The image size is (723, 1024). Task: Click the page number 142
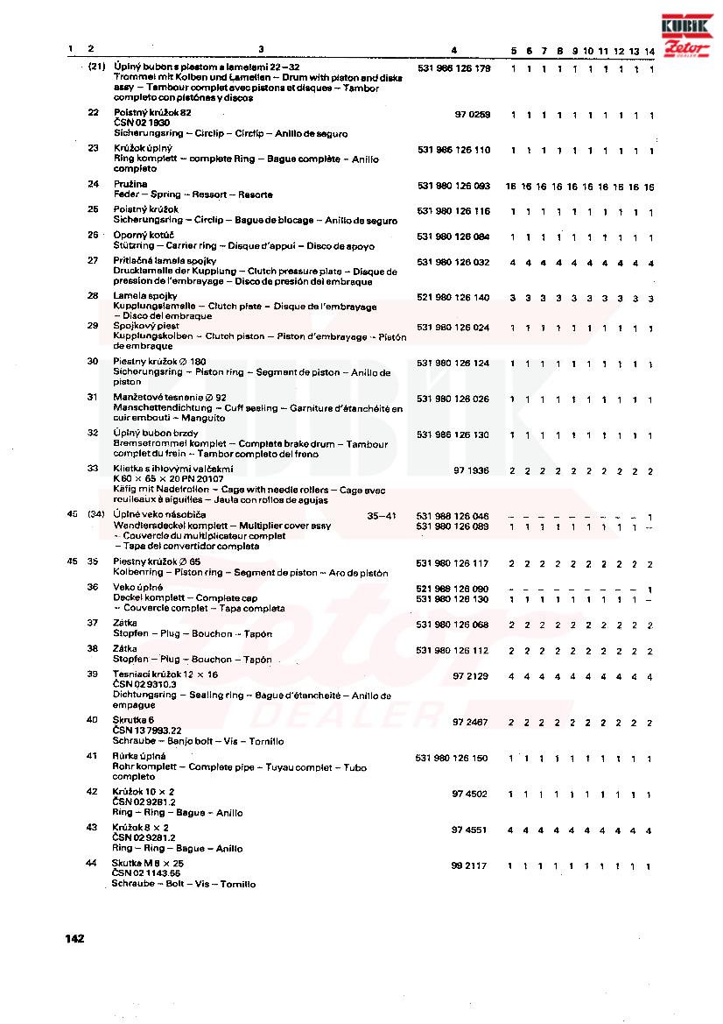(x=74, y=939)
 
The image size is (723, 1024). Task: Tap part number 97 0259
(x=472, y=115)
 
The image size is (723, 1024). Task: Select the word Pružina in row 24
(x=130, y=185)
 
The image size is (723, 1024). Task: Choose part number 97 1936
(x=471, y=470)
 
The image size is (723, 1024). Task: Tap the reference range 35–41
(x=382, y=516)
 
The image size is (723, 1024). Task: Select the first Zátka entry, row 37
(x=125, y=623)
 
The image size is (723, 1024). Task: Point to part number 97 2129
(x=470, y=676)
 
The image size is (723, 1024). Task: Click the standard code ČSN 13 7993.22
(x=147, y=730)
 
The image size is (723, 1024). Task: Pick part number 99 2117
(x=469, y=865)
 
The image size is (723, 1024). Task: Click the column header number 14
(x=649, y=51)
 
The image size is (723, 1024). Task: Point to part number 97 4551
(x=469, y=830)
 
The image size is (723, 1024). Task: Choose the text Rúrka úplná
(x=139, y=756)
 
